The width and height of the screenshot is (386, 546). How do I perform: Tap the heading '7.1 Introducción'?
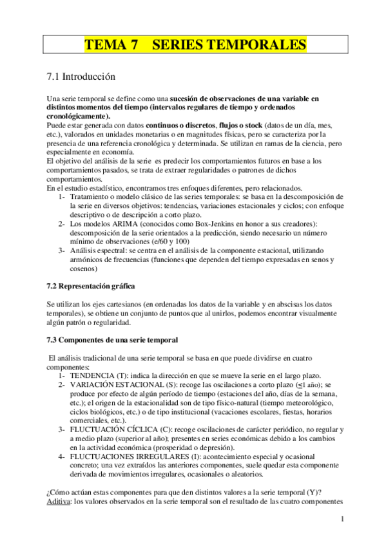(81, 77)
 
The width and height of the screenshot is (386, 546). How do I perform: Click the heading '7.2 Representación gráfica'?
(91, 285)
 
